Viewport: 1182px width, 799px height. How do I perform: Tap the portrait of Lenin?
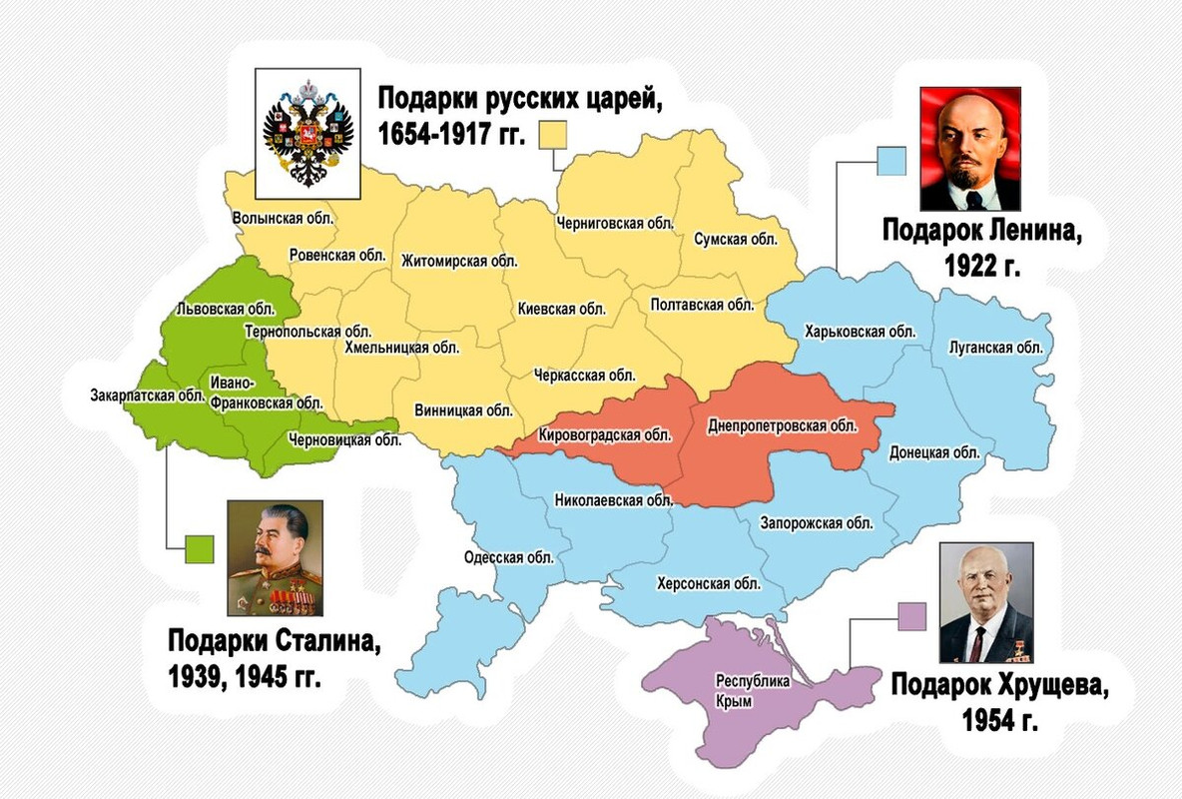(x=969, y=148)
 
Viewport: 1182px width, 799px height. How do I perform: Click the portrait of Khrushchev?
(x=985, y=603)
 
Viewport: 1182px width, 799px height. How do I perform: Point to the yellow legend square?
(x=552, y=134)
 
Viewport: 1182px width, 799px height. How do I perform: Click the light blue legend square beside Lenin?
(x=891, y=161)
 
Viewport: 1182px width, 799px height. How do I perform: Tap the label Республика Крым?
(x=753, y=691)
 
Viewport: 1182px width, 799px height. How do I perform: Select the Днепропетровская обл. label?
(x=782, y=426)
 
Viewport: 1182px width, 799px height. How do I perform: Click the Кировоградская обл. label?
(x=605, y=434)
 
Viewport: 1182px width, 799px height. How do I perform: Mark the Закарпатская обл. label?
(x=147, y=395)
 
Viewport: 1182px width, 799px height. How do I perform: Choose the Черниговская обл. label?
(x=615, y=223)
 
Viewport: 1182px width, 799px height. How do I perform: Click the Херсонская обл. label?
(x=709, y=583)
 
